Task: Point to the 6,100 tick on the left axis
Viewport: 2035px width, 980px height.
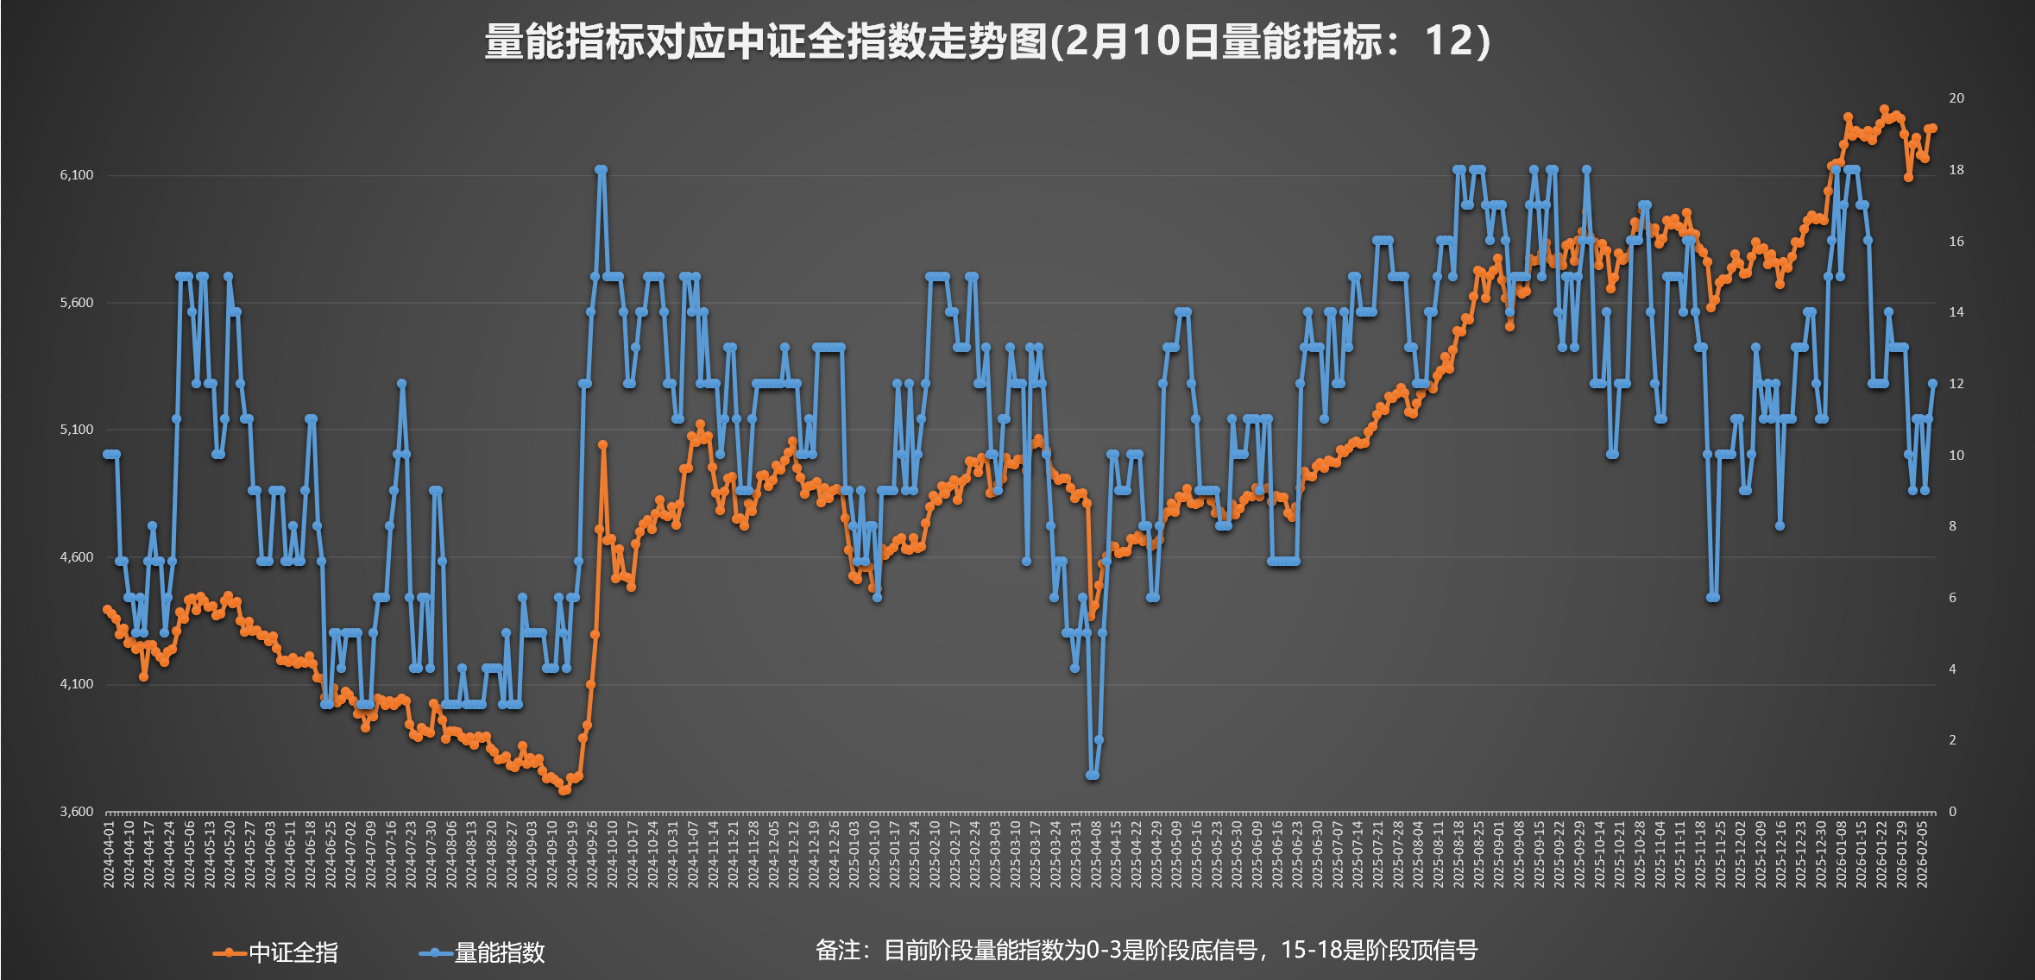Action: (76, 175)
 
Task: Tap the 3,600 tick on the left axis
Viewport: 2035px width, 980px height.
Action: (76, 812)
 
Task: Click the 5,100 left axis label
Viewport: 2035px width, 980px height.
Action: (76, 430)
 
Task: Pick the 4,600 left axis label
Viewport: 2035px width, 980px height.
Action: (76, 557)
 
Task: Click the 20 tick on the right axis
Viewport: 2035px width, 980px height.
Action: (1956, 98)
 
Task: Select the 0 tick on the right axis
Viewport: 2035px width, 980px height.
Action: (1952, 812)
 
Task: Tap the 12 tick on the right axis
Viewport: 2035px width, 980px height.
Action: (1956, 384)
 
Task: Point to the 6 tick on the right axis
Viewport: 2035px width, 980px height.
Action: (1952, 598)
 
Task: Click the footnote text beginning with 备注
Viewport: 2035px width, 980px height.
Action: (1146, 951)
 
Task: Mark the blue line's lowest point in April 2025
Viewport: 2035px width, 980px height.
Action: (1093, 775)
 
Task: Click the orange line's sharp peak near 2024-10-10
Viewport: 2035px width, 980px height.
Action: (602, 445)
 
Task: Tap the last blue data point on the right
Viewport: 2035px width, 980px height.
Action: (1933, 383)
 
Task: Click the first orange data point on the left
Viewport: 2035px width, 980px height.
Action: (107, 609)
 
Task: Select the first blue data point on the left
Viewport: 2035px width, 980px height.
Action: (107, 454)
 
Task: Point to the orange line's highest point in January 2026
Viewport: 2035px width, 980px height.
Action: (1884, 110)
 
